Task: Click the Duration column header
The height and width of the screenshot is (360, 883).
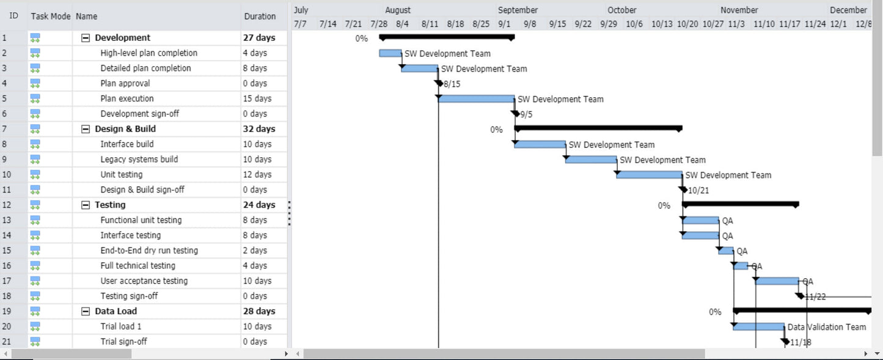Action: coord(260,17)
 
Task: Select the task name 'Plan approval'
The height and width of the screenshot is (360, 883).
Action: coord(125,83)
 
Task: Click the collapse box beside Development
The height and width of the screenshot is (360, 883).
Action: coord(86,38)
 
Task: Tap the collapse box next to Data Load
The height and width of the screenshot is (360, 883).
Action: coord(86,311)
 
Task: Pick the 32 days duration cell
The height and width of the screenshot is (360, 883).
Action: coord(259,129)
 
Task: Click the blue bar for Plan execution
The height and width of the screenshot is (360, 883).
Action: coord(476,99)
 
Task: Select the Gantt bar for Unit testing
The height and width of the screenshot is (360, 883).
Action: coord(649,175)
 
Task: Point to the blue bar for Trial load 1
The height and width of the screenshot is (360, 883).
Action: coord(758,327)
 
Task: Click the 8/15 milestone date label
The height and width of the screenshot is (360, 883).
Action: coord(452,84)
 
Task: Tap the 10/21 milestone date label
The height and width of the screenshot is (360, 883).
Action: coord(698,191)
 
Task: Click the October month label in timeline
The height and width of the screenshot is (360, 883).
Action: coord(621,10)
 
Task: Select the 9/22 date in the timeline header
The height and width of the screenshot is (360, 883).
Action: coord(583,24)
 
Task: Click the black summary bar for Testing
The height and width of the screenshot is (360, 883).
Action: coord(740,204)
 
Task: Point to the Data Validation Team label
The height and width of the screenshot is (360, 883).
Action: coord(826,327)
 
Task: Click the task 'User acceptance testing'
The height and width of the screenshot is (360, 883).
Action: coord(144,281)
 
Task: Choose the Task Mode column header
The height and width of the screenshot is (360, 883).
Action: coord(51,17)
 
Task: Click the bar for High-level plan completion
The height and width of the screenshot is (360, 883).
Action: coord(390,53)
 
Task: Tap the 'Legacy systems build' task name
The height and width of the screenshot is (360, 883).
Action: coord(139,160)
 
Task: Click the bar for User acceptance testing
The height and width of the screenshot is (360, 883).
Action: coord(777,281)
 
